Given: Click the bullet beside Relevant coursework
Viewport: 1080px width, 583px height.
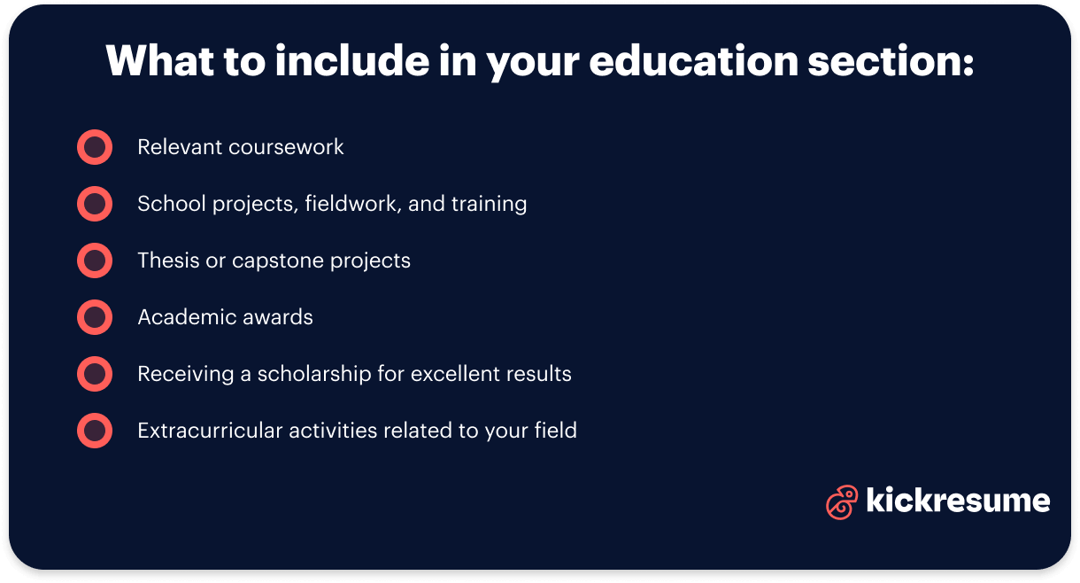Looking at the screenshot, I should (95, 147).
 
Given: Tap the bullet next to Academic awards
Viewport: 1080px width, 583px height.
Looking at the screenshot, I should (95, 317).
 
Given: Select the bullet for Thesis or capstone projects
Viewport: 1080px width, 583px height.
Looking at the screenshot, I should (95, 260).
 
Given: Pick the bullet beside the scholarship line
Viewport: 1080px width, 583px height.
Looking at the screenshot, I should (95, 374).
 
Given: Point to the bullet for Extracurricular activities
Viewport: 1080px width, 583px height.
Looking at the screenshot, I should (95, 431).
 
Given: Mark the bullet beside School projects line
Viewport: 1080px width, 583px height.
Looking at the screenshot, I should (95, 204).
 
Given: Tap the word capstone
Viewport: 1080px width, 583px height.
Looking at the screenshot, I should (274, 261).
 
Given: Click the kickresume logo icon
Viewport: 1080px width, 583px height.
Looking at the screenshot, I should (841, 501).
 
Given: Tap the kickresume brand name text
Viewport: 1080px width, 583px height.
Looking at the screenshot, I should (958, 501).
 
